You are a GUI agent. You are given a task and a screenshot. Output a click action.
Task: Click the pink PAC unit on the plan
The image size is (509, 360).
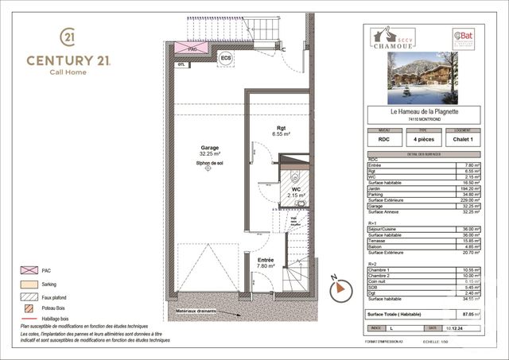pos(192,48)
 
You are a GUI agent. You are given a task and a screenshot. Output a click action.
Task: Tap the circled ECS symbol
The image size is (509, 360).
pos(225,58)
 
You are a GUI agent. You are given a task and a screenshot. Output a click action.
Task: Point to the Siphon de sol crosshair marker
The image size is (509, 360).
pos(208,168)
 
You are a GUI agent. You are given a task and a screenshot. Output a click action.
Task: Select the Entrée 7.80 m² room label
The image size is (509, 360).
pos(266,263)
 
